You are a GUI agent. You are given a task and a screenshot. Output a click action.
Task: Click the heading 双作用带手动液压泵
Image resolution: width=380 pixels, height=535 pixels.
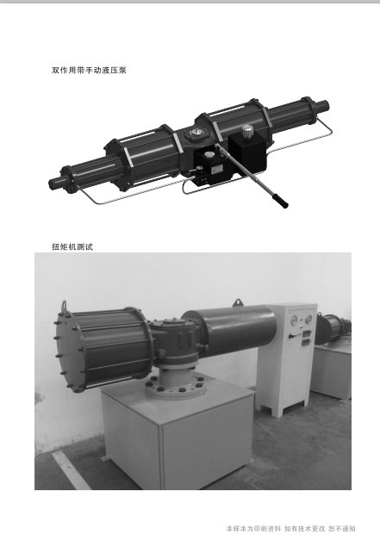(x=89, y=71)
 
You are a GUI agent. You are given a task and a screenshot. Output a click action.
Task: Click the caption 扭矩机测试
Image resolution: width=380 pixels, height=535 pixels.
(x=72, y=246)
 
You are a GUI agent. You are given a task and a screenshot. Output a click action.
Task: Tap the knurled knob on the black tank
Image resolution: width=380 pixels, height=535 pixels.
(x=248, y=131)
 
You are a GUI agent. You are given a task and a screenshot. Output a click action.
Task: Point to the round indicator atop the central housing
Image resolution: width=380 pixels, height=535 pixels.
(x=196, y=133)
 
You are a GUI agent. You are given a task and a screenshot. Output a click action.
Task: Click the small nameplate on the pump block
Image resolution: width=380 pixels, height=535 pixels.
(x=216, y=169)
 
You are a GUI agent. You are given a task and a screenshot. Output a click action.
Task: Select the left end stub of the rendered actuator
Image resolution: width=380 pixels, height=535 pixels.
(x=54, y=184)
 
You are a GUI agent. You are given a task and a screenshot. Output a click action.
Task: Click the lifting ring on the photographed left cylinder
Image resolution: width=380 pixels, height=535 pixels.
(x=64, y=306)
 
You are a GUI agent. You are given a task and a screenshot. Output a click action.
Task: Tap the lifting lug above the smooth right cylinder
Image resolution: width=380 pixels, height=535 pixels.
(x=238, y=302)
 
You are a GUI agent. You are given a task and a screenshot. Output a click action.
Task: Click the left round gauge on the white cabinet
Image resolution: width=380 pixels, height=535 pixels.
(x=295, y=320)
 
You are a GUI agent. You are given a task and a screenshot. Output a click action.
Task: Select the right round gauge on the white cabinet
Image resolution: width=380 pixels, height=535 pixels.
(x=308, y=319)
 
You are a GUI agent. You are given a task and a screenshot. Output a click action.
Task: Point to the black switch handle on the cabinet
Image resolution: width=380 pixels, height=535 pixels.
(x=292, y=336)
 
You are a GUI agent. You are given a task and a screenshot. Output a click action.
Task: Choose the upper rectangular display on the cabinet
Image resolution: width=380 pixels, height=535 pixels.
(x=306, y=333)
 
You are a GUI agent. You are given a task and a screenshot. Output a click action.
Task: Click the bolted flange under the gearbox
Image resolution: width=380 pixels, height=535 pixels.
(x=175, y=389)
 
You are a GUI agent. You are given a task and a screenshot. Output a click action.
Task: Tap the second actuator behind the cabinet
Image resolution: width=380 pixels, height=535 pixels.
(x=333, y=329)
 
